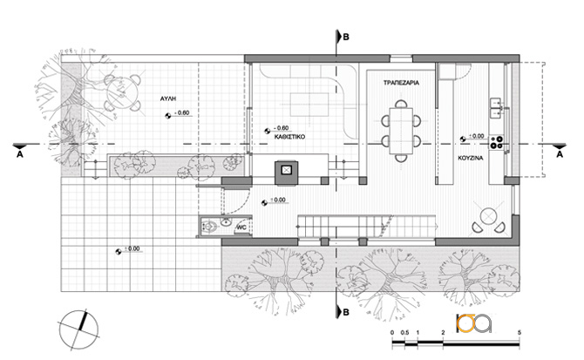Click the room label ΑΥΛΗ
pyautogui.click(x=167, y=98)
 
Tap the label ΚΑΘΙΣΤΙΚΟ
pyautogui.click(x=289, y=137)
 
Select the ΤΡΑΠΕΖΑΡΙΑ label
pyautogui.click(x=401, y=83)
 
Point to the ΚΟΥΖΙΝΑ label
pyautogui.click(x=471, y=158)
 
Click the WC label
pyautogui.click(x=241, y=228)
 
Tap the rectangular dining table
pyautogui.click(x=401, y=131)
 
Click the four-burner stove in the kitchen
pyautogui.click(x=497, y=142)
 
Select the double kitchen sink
pyautogui.click(x=496, y=107)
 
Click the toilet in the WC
pyautogui.click(x=209, y=226)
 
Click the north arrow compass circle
pyautogui.click(x=78, y=329)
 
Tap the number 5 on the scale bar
pyautogui.click(x=519, y=332)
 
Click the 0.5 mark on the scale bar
pyautogui.click(x=404, y=332)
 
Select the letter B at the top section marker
pyautogui.click(x=346, y=37)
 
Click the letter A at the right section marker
pyautogui.click(x=560, y=154)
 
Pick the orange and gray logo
pyautogui.click(x=474, y=323)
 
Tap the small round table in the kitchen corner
pyautogui.click(x=488, y=216)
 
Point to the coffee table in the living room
pyautogui.click(x=309, y=105)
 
